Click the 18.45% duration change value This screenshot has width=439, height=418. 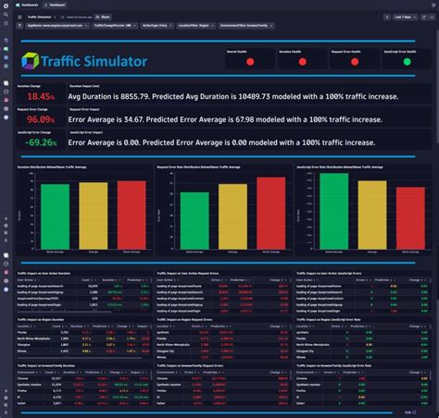(40, 96)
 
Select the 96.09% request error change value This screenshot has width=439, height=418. (40, 119)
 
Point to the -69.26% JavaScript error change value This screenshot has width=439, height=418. (40, 142)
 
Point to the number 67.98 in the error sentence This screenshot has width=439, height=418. (263, 119)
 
